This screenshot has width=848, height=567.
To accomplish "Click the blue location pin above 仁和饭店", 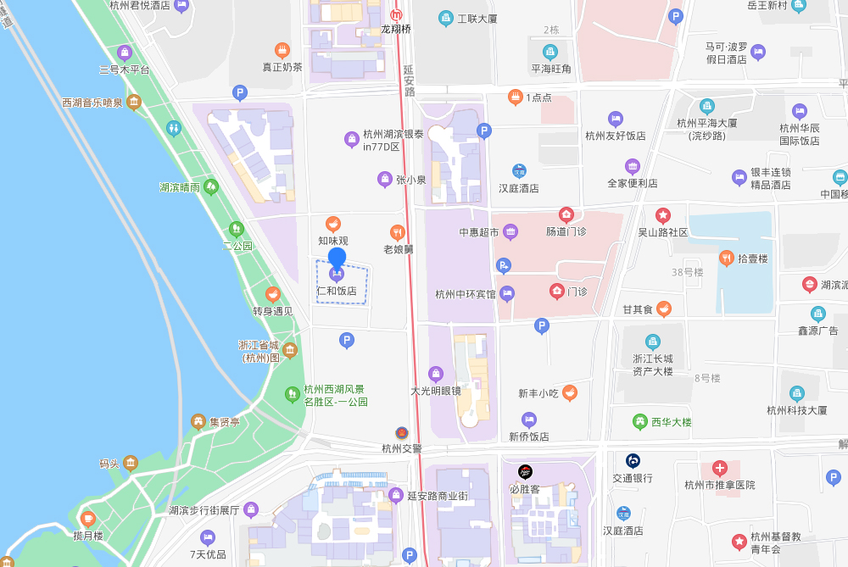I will tap(337, 258).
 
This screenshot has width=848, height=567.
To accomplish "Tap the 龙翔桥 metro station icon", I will tap(396, 14).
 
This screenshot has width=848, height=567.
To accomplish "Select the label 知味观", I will tap(333, 241).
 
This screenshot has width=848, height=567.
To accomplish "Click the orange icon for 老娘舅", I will tap(397, 232).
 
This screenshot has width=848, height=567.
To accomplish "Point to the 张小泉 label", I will tap(410, 180).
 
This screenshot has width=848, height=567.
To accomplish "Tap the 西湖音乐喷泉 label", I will tap(92, 103).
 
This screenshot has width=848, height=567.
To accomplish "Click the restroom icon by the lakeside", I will tap(174, 128).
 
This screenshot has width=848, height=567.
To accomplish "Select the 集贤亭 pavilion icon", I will tap(198, 421).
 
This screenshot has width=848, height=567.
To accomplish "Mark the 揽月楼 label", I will tap(87, 536).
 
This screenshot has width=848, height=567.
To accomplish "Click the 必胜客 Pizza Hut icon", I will tap(525, 471).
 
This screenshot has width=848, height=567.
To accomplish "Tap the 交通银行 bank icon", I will tap(633, 460).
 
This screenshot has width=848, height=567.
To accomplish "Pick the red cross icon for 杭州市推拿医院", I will tap(720, 468).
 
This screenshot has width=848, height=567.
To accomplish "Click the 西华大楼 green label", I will tap(671, 421).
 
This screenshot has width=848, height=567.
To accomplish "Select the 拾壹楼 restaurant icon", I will tap(726, 258).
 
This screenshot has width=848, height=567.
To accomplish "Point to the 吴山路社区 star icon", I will tap(663, 215).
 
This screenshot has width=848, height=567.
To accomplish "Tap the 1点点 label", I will tap(538, 97).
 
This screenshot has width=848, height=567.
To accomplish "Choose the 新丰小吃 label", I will tap(538, 393).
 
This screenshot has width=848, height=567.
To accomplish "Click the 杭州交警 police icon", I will tap(401, 433).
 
